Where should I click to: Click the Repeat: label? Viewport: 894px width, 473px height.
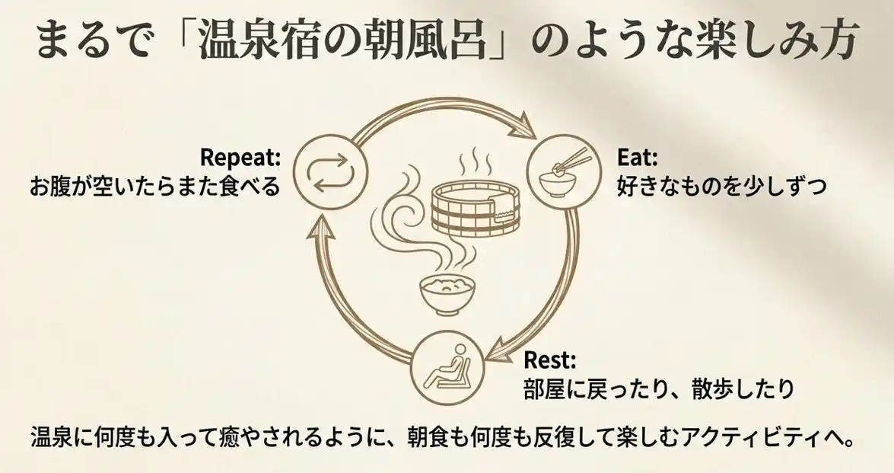point(240,158)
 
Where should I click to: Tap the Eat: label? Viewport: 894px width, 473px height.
point(637,158)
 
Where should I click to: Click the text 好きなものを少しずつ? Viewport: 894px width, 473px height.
point(721,186)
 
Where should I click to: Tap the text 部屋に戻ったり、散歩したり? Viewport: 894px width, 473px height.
point(659,388)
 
